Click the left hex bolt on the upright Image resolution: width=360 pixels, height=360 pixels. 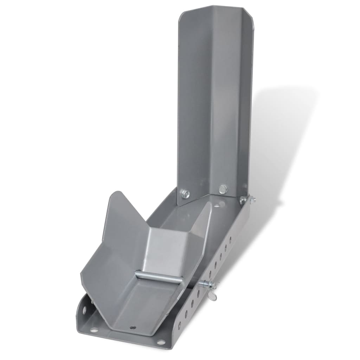(x=185, y=193)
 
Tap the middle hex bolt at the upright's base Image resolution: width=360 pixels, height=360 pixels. (x=223, y=189)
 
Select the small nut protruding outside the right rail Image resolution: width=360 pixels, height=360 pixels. (x=252, y=200)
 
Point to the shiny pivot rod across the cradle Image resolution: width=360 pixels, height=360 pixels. (x=159, y=277)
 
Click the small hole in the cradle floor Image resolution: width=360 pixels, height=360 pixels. (x=133, y=327)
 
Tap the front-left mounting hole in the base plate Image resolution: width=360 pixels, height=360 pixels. (x=94, y=330)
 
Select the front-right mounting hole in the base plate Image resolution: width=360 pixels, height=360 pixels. (x=161, y=342)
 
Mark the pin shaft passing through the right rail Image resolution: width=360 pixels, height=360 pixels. (x=204, y=284)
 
